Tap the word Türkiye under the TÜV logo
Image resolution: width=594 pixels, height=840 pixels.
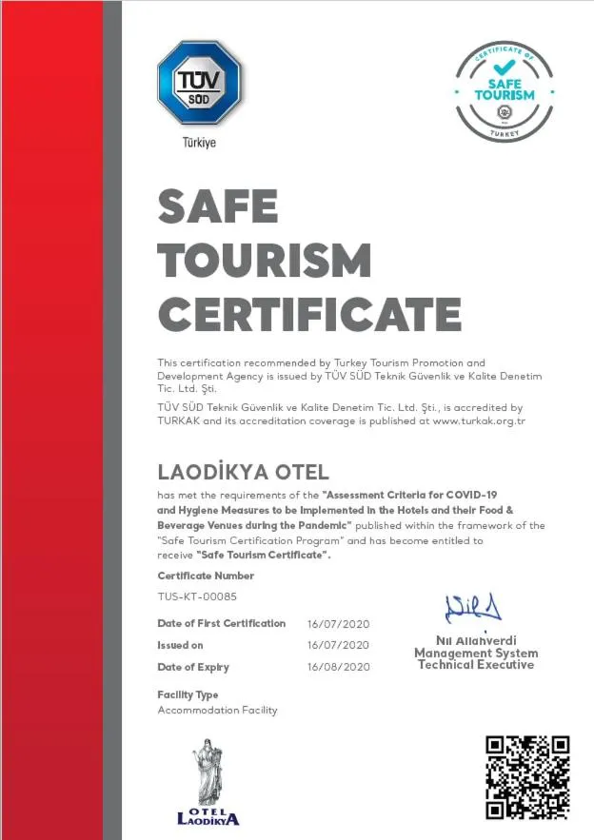(199, 143)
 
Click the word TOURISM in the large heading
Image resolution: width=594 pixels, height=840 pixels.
(264, 260)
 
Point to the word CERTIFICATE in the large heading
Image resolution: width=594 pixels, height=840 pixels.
(309, 313)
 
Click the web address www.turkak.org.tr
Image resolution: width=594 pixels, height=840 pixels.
(479, 420)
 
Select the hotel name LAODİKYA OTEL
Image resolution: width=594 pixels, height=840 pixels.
(243, 472)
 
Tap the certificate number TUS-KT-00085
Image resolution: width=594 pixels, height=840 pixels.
(197, 596)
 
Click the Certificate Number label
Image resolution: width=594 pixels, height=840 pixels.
(206, 576)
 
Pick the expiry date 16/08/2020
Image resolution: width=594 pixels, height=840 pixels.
(338, 668)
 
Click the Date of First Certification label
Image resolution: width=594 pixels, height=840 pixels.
(221, 624)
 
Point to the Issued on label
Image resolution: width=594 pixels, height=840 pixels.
(180, 645)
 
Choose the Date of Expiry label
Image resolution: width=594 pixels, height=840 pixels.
(193, 668)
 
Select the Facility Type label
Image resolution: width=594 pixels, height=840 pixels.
(188, 695)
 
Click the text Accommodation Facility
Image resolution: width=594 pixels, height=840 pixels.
(217, 711)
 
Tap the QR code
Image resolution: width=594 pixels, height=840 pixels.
(527, 777)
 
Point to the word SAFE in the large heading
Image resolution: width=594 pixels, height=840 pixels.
(218, 206)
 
